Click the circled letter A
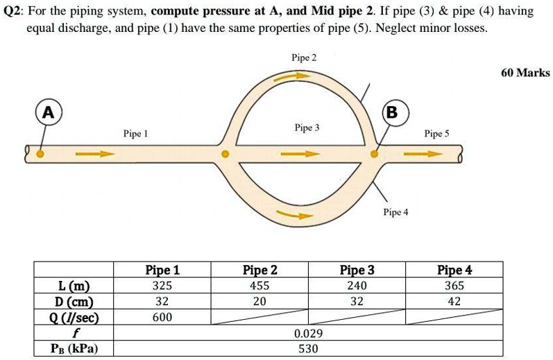47,112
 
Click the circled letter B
391,112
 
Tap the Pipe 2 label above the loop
304,58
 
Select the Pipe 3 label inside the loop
307,128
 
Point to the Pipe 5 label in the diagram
436,134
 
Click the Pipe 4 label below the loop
395,212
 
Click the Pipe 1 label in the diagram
135,132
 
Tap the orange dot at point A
40,154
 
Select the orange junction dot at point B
375,154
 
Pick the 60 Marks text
525,73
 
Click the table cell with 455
260,286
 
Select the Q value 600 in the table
162,318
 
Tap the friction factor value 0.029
308,334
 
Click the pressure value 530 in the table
308,349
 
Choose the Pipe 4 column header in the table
454,270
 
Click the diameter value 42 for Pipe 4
454,302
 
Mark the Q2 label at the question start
13,12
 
